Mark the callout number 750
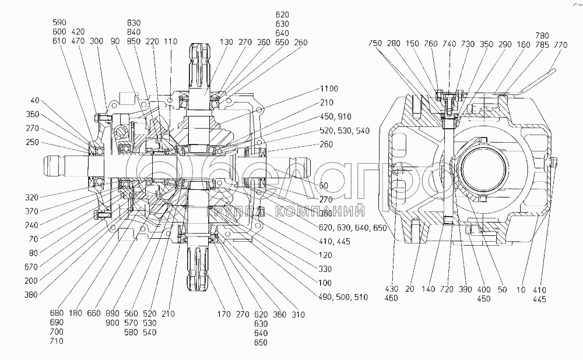pyautogui.click(x=375, y=43)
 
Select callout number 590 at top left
pyautogui.click(x=59, y=22)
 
